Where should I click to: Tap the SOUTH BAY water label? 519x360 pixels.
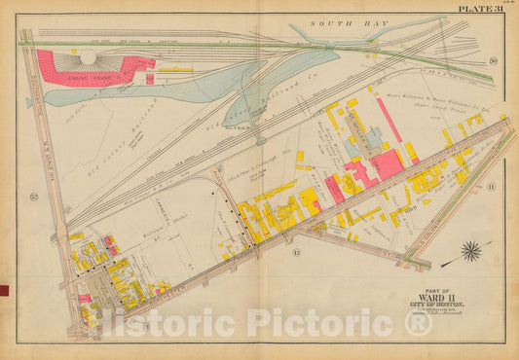(x=336, y=21)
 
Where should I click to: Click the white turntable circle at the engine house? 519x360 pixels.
(x=89, y=57)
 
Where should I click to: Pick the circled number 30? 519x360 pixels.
(x=493, y=61)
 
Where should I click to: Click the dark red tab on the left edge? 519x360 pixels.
(x=3, y=289)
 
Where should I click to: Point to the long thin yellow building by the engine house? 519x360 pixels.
(x=175, y=69)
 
